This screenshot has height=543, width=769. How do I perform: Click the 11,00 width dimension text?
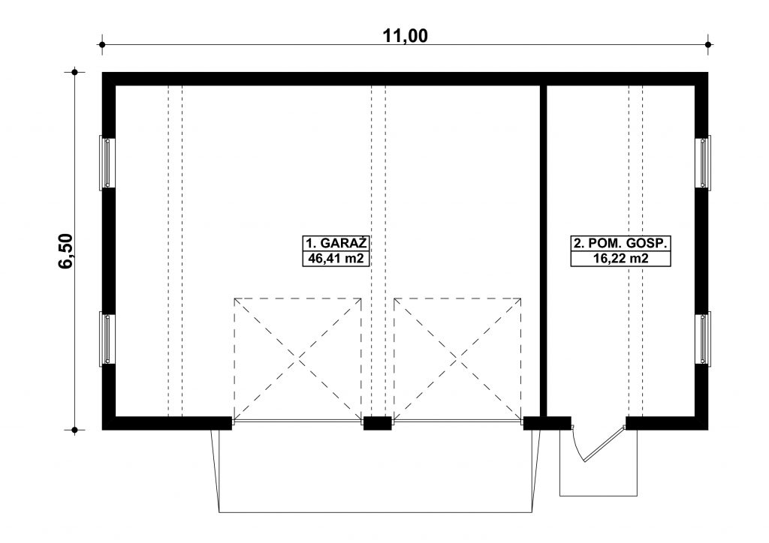click(405, 36)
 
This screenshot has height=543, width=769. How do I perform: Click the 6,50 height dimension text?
click(65, 251)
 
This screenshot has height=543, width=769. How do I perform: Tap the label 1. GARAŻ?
click(336, 243)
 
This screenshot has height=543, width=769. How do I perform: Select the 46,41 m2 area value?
click(336, 259)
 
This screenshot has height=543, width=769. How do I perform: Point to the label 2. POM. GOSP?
click(620, 243)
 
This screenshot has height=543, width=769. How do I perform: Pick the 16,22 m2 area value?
click(620, 259)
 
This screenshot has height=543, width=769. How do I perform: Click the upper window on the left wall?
click(107, 162)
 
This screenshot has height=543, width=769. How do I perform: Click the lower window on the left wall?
click(107, 338)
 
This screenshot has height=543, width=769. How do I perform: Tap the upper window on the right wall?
click(703, 162)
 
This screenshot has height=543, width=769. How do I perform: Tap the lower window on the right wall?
click(703, 338)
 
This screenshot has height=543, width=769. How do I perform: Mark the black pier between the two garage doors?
click(377, 423)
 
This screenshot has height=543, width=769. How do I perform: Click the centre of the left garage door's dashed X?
click(297, 360)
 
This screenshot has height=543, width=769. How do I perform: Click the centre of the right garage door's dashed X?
click(457, 360)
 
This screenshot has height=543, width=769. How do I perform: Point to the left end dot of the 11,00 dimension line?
click(102, 44)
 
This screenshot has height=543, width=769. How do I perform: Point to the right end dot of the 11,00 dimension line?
click(708, 44)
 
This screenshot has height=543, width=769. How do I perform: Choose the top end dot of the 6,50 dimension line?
click(74, 73)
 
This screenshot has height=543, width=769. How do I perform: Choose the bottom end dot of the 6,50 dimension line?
click(74, 430)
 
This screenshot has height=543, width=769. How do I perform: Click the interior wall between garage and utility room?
click(544, 250)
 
